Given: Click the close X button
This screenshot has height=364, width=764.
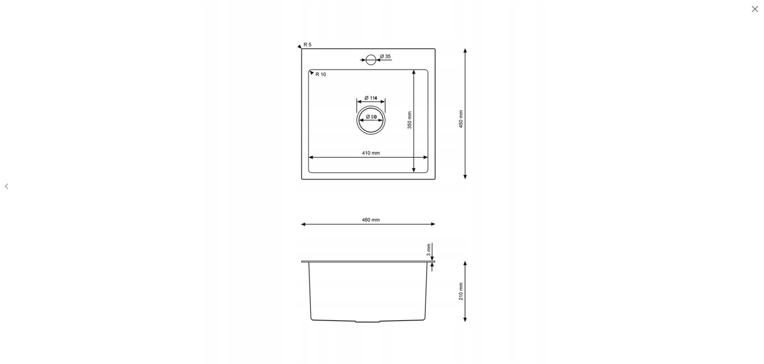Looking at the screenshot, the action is (754, 9).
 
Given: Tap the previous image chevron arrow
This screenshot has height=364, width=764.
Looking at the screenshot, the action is (7, 186).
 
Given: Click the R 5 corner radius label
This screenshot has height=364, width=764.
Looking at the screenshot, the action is (308, 45).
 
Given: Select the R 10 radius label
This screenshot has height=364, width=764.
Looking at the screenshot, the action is (320, 75).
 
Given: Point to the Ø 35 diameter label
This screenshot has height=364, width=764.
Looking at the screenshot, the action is (385, 56).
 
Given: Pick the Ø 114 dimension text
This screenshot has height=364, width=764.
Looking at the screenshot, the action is (371, 98).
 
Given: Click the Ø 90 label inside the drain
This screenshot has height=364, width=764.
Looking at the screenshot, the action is (371, 117).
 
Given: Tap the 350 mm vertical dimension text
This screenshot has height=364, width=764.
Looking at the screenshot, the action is (410, 120).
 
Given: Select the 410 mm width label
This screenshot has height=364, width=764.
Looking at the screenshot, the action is (371, 153).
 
